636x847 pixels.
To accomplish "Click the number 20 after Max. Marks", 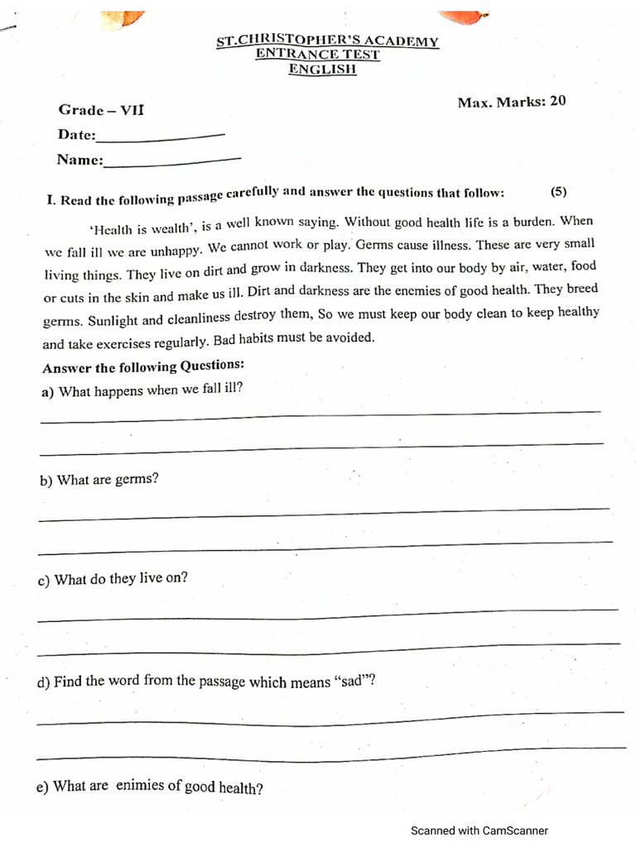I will [558, 101].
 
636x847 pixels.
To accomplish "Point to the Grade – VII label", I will [93, 110].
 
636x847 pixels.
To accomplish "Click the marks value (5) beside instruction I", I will [559, 191].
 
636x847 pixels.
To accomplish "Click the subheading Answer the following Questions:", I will [143, 366].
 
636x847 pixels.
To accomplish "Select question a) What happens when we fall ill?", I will [142, 390].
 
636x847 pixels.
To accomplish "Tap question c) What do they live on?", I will [113, 580].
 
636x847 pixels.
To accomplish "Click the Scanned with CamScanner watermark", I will [479, 831].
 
